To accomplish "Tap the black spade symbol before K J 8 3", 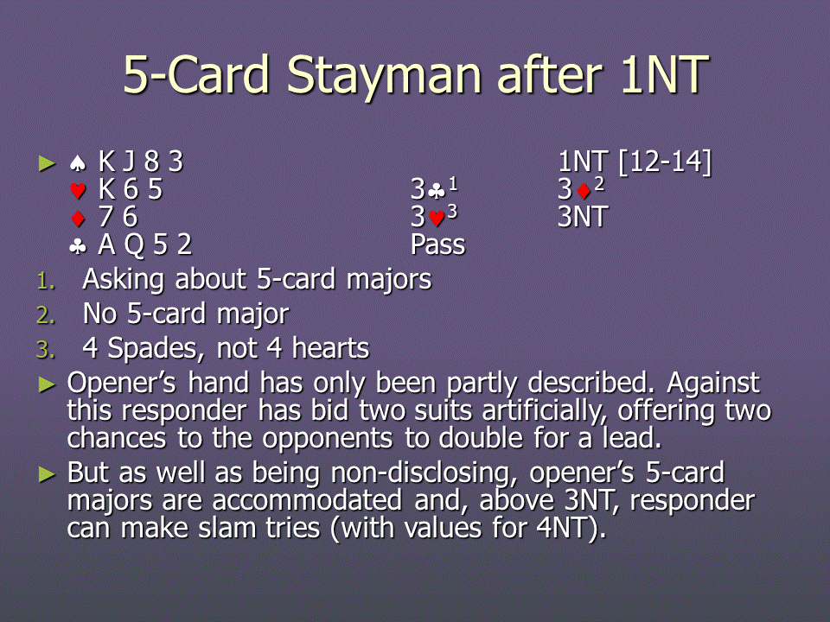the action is (x=78, y=163).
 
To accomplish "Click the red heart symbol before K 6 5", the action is (x=78, y=190).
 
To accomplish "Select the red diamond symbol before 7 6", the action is (x=78, y=218).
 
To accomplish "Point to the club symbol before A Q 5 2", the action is (x=78, y=245).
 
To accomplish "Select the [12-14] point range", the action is (x=666, y=162).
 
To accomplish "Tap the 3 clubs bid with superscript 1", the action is (x=434, y=188).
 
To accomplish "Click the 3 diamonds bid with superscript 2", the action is (x=581, y=188).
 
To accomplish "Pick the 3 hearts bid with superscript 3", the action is (x=434, y=216).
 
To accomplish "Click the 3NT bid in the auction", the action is (x=583, y=217).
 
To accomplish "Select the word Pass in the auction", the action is (x=437, y=244).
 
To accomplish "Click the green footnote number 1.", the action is (x=46, y=281).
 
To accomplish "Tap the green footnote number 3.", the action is (x=46, y=350).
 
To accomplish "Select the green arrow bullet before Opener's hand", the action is (x=47, y=384).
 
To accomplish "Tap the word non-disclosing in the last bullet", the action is (x=424, y=473).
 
